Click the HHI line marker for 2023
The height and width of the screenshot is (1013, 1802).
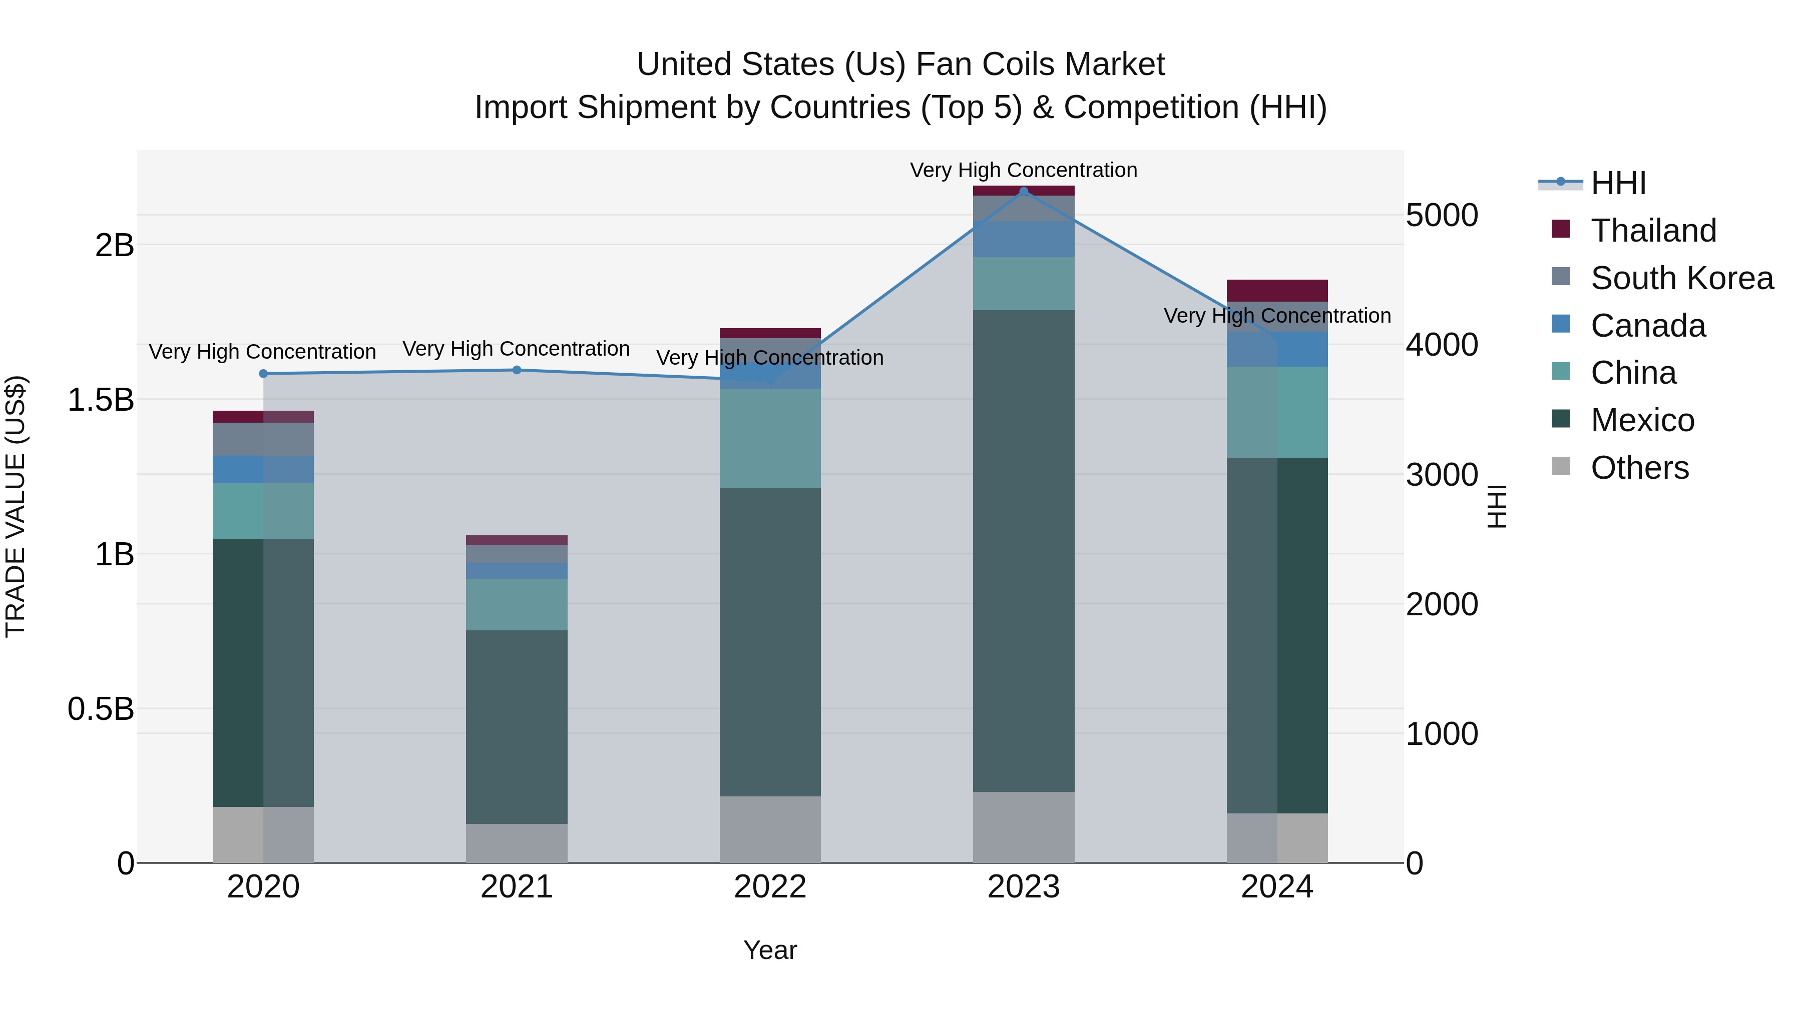(x=1024, y=192)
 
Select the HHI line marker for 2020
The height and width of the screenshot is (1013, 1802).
(x=263, y=374)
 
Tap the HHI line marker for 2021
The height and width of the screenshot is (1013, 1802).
(x=517, y=370)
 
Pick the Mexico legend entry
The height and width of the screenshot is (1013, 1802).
(x=1642, y=420)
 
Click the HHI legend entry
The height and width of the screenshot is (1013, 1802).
(x=1618, y=183)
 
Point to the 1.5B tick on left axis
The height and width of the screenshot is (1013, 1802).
(x=100, y=400)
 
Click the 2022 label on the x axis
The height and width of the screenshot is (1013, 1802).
(x=770, y=887)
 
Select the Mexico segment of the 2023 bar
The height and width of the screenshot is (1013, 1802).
(x=1024, y=550)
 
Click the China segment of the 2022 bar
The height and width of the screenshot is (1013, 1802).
(x=770, y=438)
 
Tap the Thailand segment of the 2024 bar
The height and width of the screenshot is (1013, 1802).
(x=1277, y=290)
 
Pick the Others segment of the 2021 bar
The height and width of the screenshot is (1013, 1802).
(x=517, y=842)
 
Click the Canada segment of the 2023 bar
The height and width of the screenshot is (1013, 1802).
(x=1024, y=239)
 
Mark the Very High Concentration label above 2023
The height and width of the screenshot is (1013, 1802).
(x=1024, y=170)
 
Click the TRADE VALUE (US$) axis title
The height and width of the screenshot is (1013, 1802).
(x=16, y=506)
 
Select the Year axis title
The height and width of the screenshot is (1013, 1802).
(x=770, y=950)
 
